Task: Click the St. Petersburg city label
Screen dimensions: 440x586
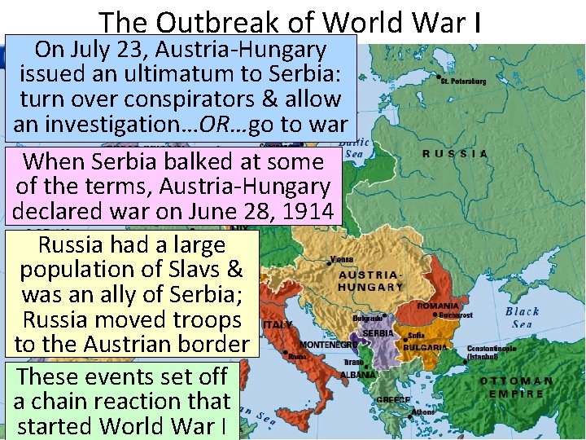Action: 463,81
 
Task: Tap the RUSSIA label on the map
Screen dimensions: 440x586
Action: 455,153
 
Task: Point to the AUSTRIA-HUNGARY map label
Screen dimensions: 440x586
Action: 370,281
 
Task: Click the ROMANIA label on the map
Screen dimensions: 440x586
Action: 438,306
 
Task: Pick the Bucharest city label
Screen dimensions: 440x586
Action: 457,315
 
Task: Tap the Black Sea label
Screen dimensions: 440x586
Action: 522,317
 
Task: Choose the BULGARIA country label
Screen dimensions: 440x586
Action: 425,347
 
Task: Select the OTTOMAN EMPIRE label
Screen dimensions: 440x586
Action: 516,387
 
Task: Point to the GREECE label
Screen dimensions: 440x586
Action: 394,399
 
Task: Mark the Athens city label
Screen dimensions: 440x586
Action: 423,412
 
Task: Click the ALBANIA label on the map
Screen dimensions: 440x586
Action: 358,375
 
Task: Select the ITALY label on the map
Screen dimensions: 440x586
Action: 277,324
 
